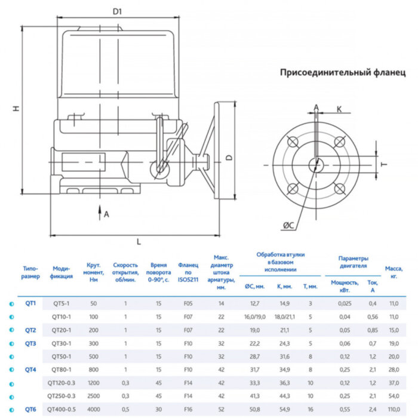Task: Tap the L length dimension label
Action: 139,241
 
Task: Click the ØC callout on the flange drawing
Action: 288,225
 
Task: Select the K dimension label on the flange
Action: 339,109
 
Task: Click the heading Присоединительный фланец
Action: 342,73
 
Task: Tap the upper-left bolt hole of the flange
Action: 292,141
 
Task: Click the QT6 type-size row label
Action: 30,409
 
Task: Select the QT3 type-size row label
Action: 30,343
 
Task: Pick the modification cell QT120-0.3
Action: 62,383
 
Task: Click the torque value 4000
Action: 93,409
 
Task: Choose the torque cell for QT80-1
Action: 93,370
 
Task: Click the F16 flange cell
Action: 188,409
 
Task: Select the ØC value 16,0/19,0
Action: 254,316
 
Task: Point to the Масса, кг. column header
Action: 394,272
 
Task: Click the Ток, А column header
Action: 373,286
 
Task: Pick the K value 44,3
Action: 284,396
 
